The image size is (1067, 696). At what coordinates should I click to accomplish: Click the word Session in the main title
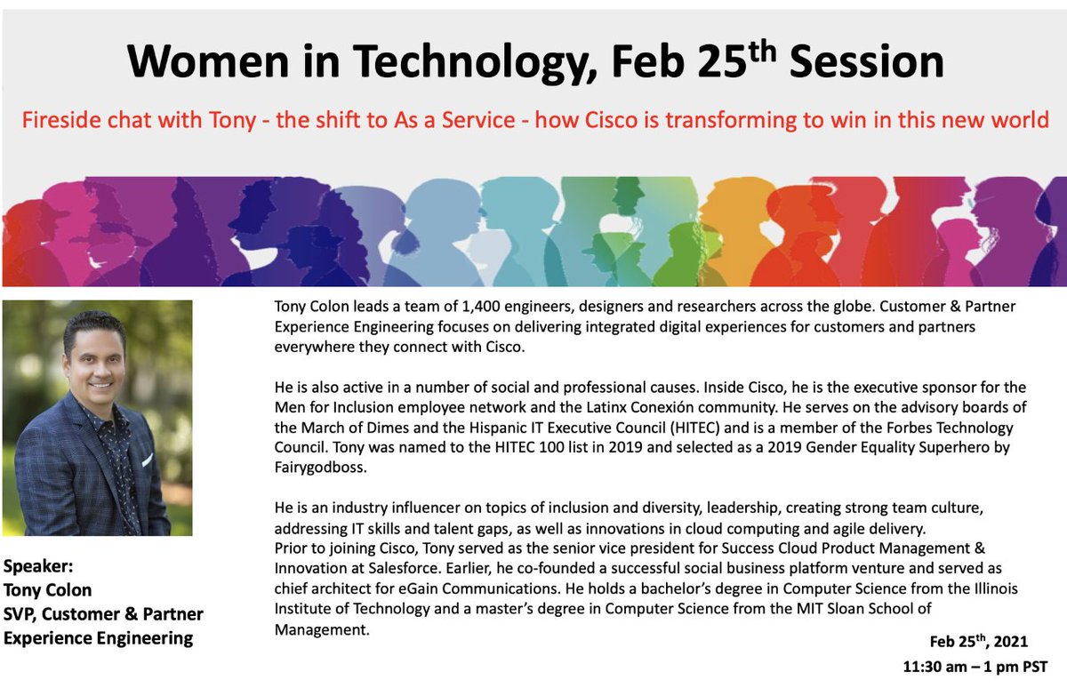tap(867, 61)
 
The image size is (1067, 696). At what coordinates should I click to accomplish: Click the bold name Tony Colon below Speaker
tap(48, 590)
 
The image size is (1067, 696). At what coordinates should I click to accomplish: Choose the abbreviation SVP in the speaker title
tap(21, 613)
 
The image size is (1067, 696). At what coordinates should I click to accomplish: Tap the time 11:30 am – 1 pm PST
tap(974, 665)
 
